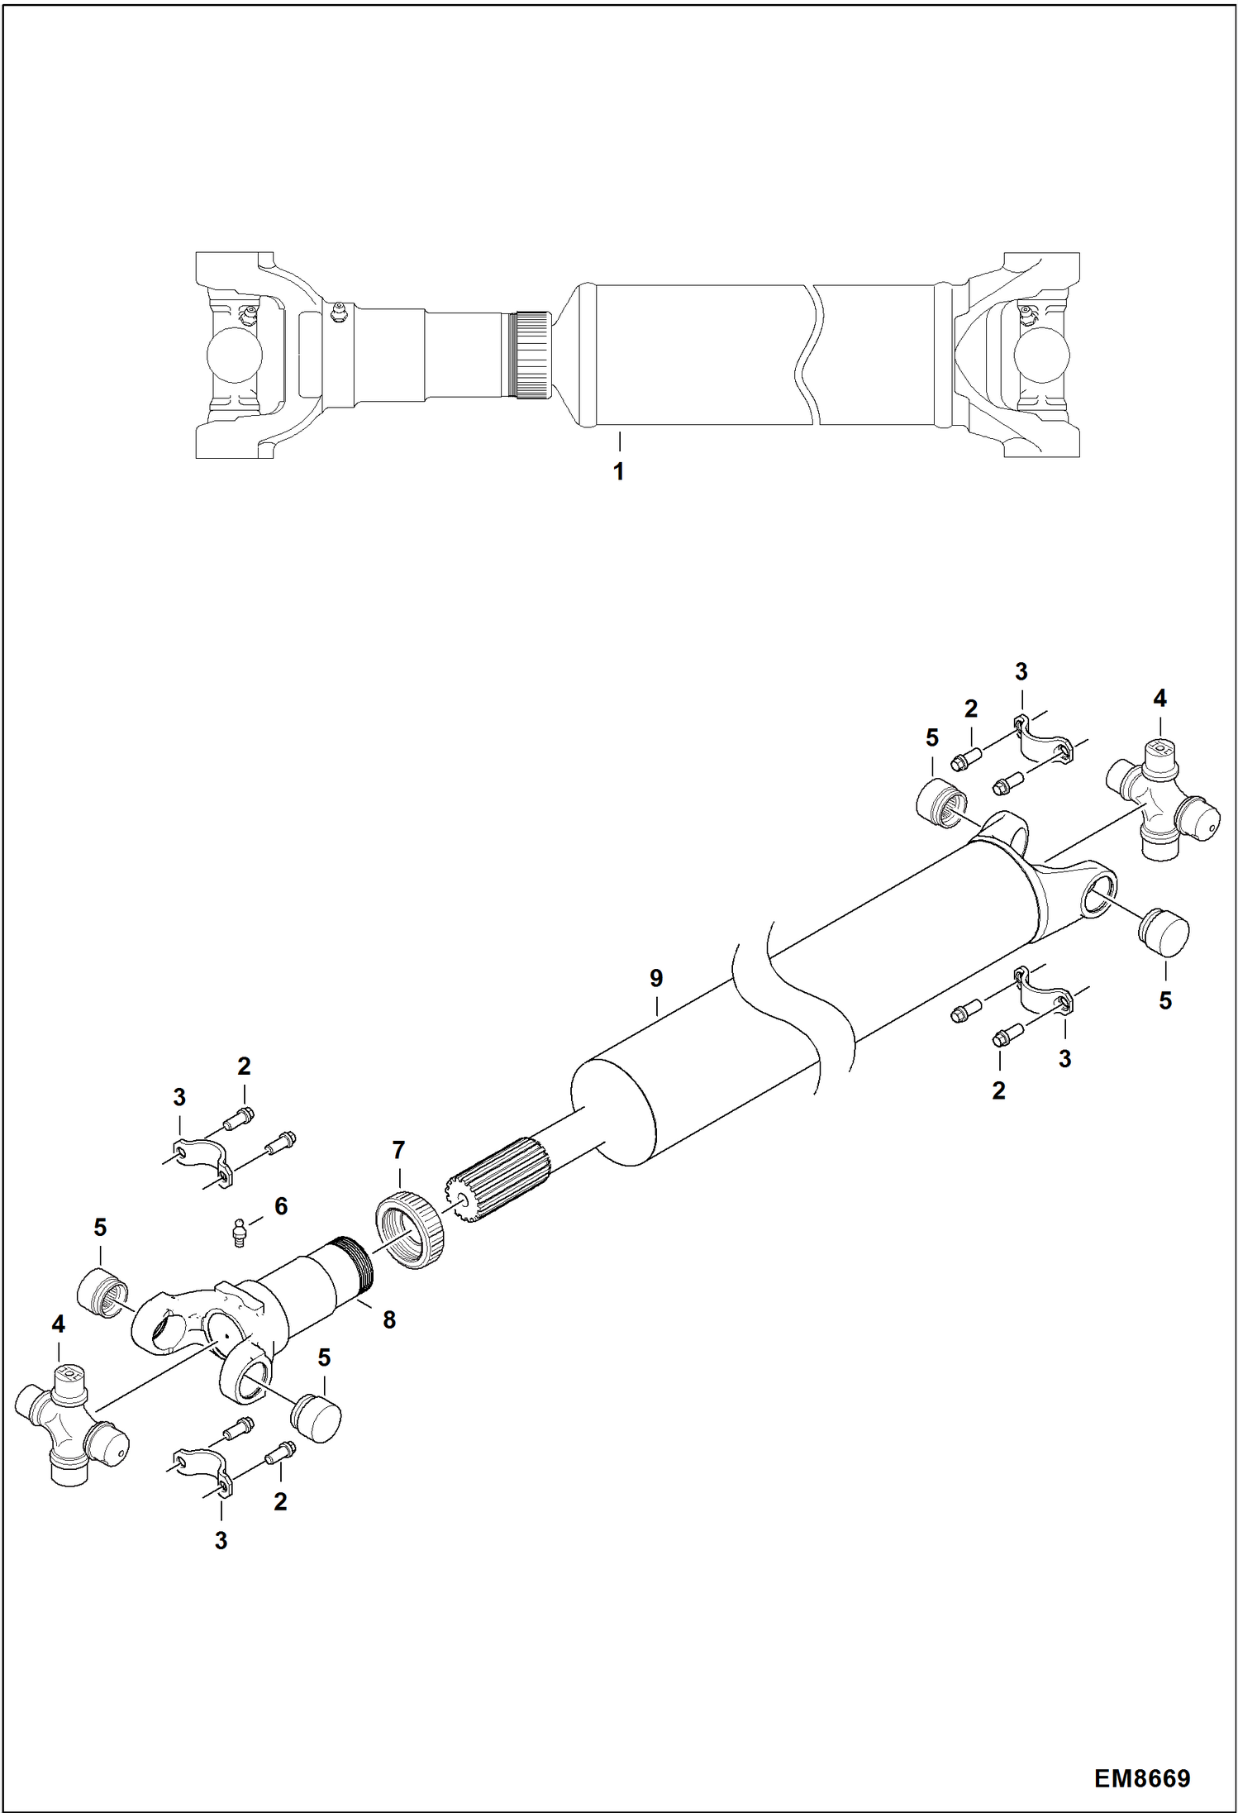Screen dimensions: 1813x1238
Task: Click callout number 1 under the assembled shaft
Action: [618, 472]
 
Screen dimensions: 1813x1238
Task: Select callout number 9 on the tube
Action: [655, 978]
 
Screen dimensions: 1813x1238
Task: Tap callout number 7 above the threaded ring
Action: [398, 1149]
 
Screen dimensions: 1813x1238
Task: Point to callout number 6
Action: [281, 1206]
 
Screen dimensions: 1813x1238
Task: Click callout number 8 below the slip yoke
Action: [389, 1319]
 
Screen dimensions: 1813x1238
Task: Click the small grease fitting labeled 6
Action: [238, 1233]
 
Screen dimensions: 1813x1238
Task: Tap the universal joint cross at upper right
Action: [1161, 799]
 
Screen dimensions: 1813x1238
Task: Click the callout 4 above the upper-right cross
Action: [1159, 699]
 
